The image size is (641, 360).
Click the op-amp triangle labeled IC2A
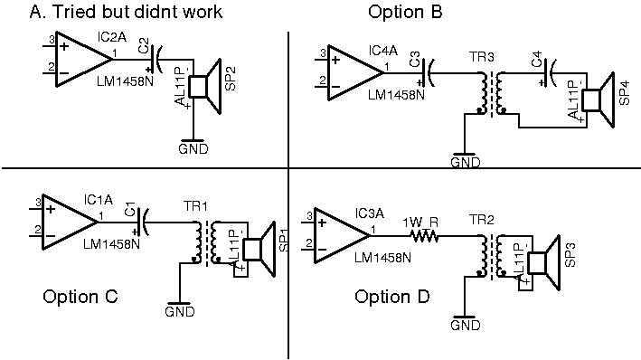coord(77,61)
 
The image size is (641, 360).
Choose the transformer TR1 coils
coord(204,242)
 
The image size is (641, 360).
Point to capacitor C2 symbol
coord(157,61)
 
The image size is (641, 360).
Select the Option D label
coord(392,297)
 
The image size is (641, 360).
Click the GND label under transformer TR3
coord(465,163)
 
